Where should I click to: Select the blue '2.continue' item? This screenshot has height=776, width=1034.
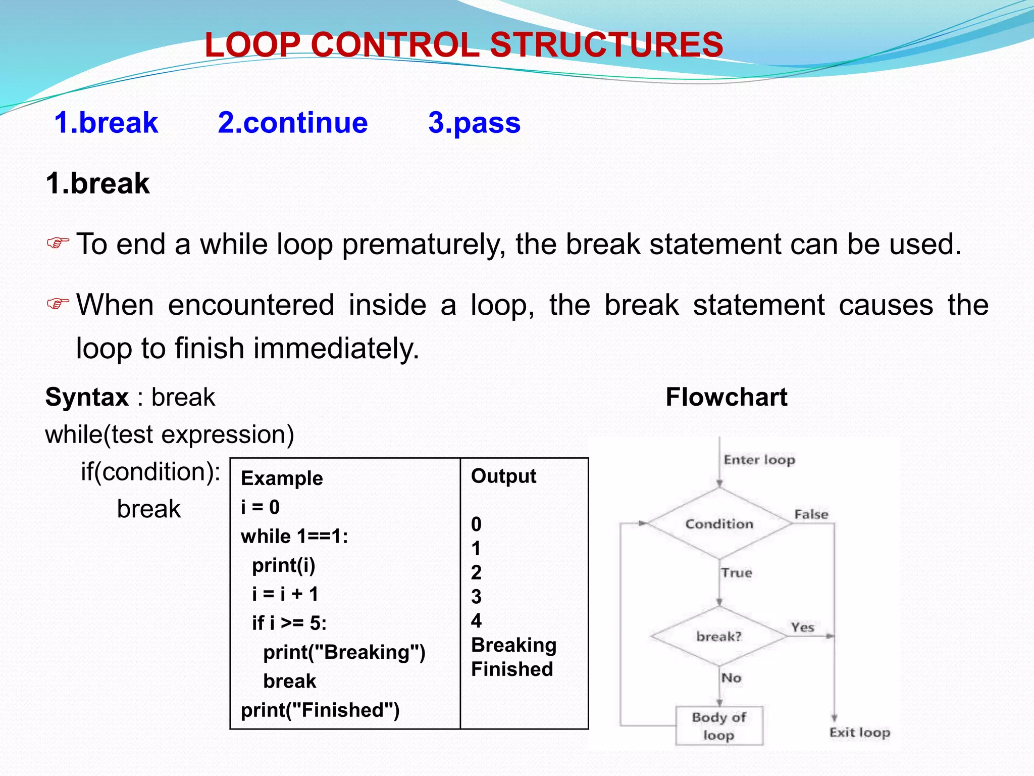(x=293, y=123)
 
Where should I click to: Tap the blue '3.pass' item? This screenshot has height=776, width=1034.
(x=474, y=123)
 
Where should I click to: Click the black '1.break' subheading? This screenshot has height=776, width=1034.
(x=97, y=183)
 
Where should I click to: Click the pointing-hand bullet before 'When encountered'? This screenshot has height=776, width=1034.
(x=58, y=304)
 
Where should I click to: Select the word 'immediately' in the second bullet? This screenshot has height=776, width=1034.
(x=336, y=349)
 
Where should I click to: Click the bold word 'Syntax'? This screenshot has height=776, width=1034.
(x=87, y=397)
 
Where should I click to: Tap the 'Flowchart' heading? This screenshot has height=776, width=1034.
(x=726, y=397)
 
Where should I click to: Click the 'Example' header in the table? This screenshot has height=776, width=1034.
(x=282, y=478)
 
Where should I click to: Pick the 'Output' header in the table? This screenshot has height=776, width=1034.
(x=503, y=476)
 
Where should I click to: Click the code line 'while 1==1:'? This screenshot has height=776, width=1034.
(x=294, y=537)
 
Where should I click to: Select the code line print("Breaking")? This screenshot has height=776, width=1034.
(x=344, y=652)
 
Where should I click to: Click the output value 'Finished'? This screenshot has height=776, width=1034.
(x=512, y=669)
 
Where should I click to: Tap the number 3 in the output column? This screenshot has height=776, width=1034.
(x=476, y=597)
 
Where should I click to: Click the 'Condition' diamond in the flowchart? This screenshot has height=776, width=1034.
(x=719, y=524)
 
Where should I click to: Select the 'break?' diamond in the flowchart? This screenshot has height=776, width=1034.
(x=719, y=636)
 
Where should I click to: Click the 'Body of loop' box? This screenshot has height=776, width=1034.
(x=719, y=726)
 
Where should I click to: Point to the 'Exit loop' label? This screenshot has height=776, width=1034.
(x=859, y=733)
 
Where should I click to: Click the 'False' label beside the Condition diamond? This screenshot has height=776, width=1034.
(x=811, y=514)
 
